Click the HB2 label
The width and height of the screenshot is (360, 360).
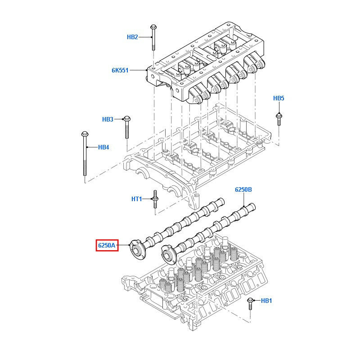(x=132, y=37)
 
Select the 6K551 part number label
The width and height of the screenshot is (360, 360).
(x=120, y=70)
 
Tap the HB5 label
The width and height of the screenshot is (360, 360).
(x=279, y=98)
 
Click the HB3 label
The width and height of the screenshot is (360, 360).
(x=108, y=119)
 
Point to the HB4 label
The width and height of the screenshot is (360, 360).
(x=103, y=147)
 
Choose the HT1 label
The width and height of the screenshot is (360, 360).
(x=136, y=198)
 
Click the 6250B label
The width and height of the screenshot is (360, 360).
(x=243, y=189)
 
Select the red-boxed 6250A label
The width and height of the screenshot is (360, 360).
(x=107, y=245)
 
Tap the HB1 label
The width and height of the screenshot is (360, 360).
(x=266, y=300)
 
